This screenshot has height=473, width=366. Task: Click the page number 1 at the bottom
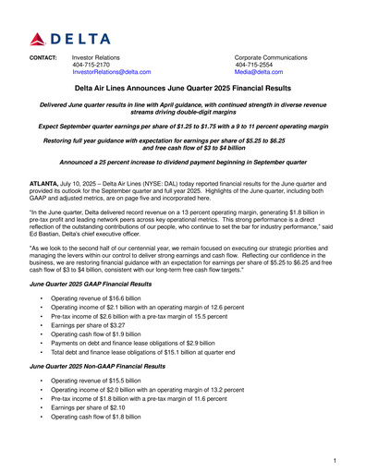(x=334, y=459)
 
